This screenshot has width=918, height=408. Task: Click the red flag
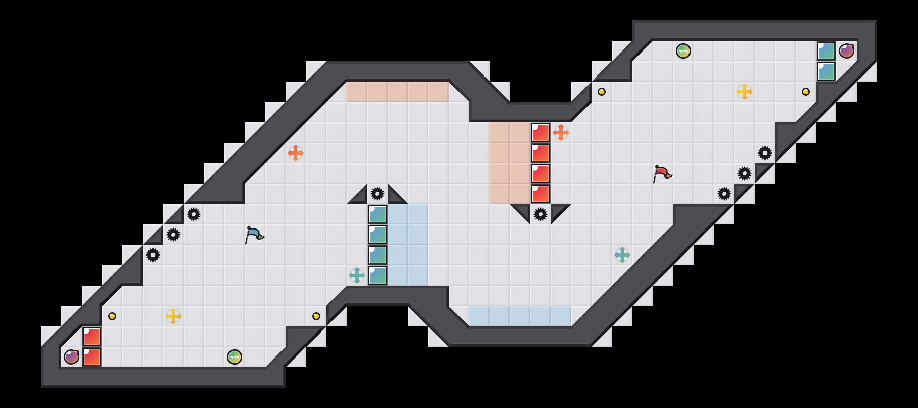[x=662, y=173]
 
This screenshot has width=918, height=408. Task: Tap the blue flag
[x=254, y=235]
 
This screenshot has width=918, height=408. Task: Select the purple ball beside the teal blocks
[x=847, y=51]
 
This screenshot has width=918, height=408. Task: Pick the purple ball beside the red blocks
[x=71, y=357]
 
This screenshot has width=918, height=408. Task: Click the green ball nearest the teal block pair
[x=683, y=51]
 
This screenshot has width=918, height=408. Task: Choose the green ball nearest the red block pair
[x=235, y=357]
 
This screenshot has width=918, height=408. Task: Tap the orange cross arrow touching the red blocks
[x=561, y=133]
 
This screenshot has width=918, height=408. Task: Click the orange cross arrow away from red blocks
[x=296, y=153]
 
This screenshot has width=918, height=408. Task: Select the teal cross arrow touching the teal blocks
[x=357, y=275]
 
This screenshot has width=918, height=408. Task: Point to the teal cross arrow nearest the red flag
[x=622, y=255]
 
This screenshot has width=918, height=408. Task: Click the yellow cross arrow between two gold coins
[x=745, y=92]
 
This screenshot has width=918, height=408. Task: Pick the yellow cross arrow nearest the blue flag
[x=173, y=316]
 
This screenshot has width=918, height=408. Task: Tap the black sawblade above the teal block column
[x=377, y=194]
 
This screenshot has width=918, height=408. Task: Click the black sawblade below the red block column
[x=541, y=214]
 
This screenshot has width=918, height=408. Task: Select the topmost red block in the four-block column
[x=541, y=133]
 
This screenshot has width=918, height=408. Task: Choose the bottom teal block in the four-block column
[x=377, y=275]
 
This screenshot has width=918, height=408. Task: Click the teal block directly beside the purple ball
[x=826, y=51]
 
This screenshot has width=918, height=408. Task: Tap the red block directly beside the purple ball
[x=92, y=357]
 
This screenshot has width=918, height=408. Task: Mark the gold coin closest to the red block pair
[x=112, y=316]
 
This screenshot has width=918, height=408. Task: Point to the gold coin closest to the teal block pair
[x=806, y=92]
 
